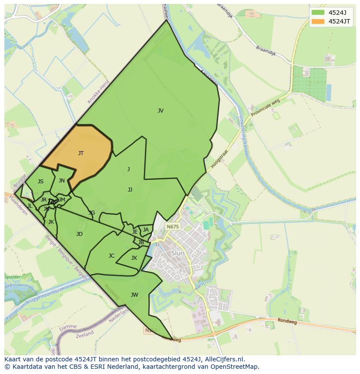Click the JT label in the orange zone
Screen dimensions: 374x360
(81, 153)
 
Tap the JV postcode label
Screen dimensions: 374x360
(160, 111)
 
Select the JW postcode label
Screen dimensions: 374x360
(134, 295)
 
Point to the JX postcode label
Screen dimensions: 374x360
(134, 258)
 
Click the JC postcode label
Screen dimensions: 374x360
(111, 256)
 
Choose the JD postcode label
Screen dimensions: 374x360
(79, 234)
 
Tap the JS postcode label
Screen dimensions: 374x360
(40, 182)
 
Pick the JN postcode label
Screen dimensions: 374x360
(62, 181)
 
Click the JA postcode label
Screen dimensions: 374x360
(146, 230)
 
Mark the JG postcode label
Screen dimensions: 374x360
(91, 213)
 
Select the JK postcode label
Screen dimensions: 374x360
(51, 222)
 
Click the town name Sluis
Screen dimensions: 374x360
(178, 253)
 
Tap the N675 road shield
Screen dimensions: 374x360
(173, 227)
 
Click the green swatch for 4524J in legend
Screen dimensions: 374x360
(318, 12)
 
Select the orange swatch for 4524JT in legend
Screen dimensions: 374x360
(318, 21)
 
